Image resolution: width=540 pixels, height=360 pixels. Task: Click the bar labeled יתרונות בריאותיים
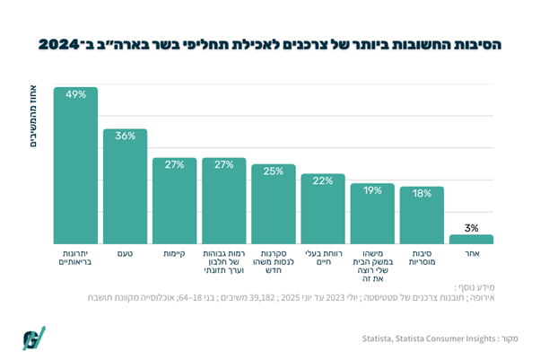(x=75, y=171)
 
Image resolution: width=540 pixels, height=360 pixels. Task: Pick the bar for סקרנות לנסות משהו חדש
(x=274, y=207)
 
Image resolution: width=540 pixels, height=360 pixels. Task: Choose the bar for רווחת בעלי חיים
(x=323, y=212)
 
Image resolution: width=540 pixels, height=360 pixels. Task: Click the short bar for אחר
(x=471, y=240)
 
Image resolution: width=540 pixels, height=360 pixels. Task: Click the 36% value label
(x=125, y=136)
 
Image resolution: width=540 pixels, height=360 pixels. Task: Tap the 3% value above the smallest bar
(x=471, y=228)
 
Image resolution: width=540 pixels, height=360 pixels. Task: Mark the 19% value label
(x=372, y=190)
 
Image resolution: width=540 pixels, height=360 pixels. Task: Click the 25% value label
(x=274, y=171)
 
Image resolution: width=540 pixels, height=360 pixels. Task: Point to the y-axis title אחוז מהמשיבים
(x=34, y=118)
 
